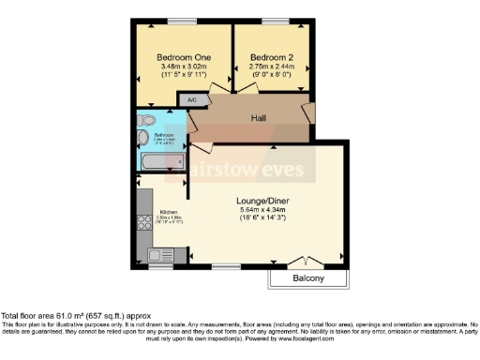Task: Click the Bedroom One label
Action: click(x=184, y=58)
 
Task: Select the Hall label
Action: click(x=260, y=118)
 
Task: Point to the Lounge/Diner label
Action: click(x=262, y=200)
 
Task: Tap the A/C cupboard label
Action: click(x=192, y=99)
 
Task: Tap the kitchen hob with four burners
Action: click(x=146, y=224)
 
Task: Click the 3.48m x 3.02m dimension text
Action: click(x=184, y=67)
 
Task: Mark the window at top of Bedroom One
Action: click(x=184, y=20)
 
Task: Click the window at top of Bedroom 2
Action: click(x=276, y=20)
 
